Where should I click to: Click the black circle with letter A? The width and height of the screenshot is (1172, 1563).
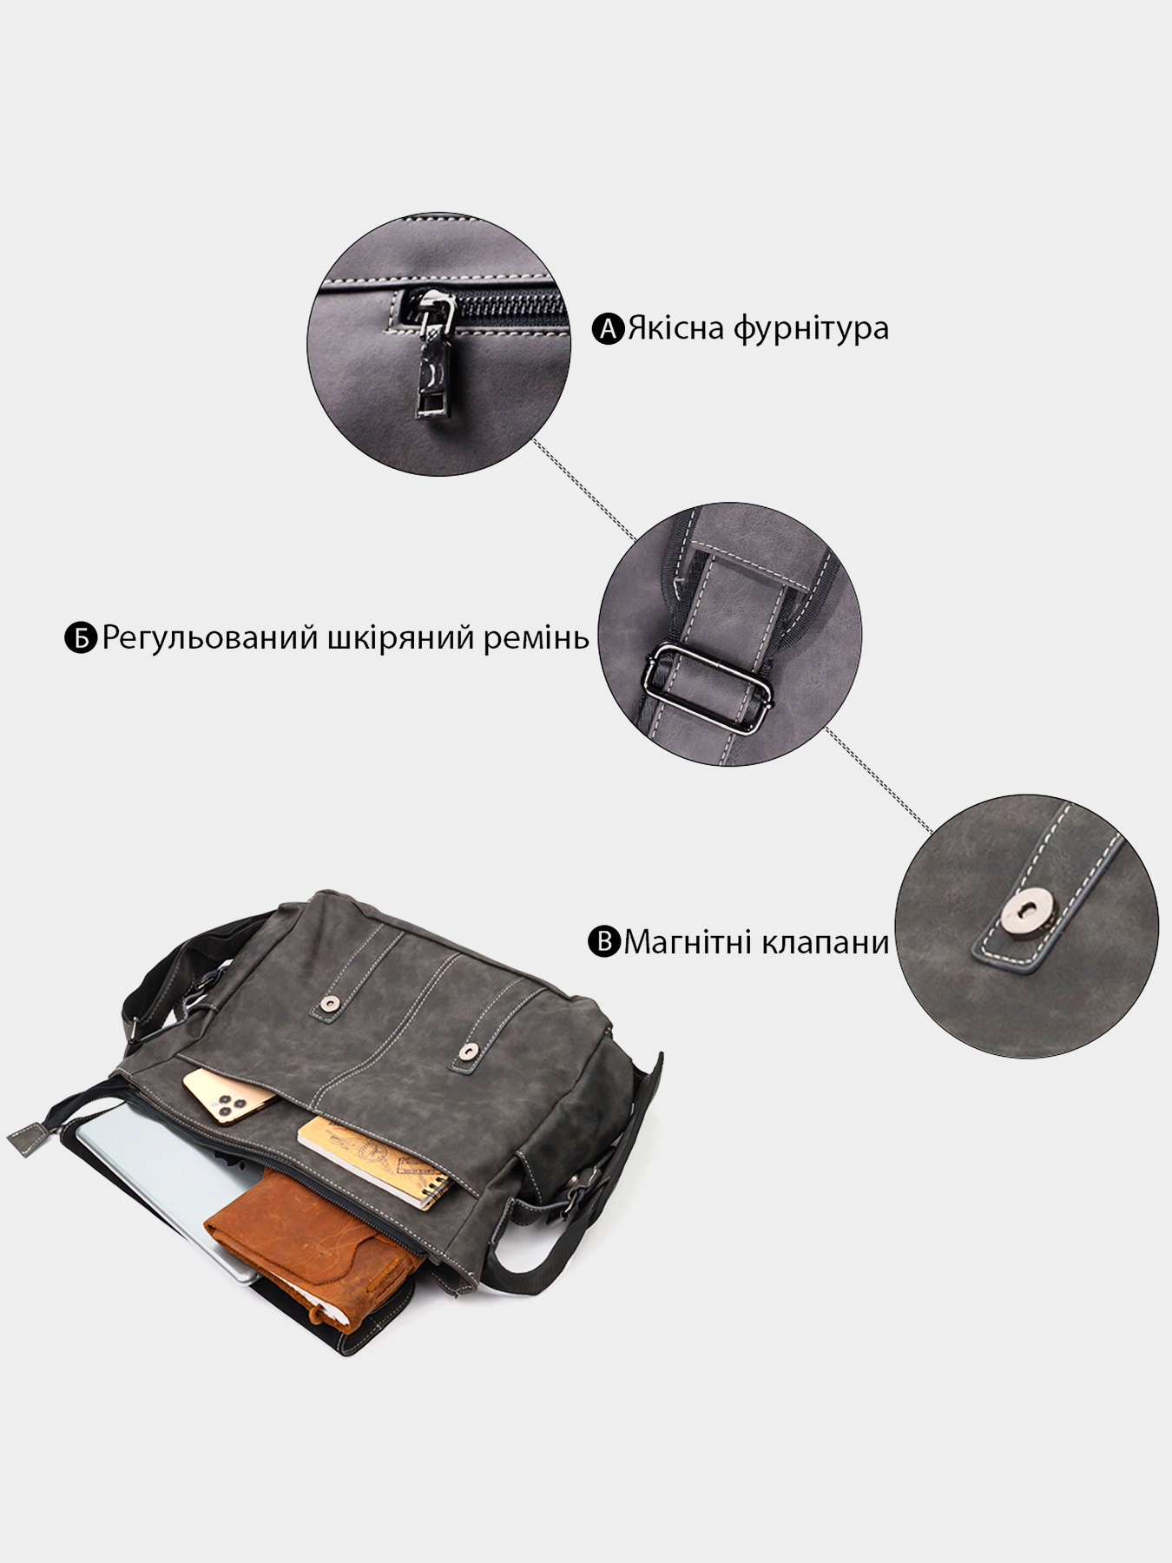click(x=609, y=329)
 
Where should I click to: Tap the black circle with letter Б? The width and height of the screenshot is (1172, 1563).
click(x=80, y=638)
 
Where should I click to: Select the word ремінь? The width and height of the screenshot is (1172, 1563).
click(x=538, y=638)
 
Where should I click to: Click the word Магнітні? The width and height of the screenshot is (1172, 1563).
click(x=686, y=941)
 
